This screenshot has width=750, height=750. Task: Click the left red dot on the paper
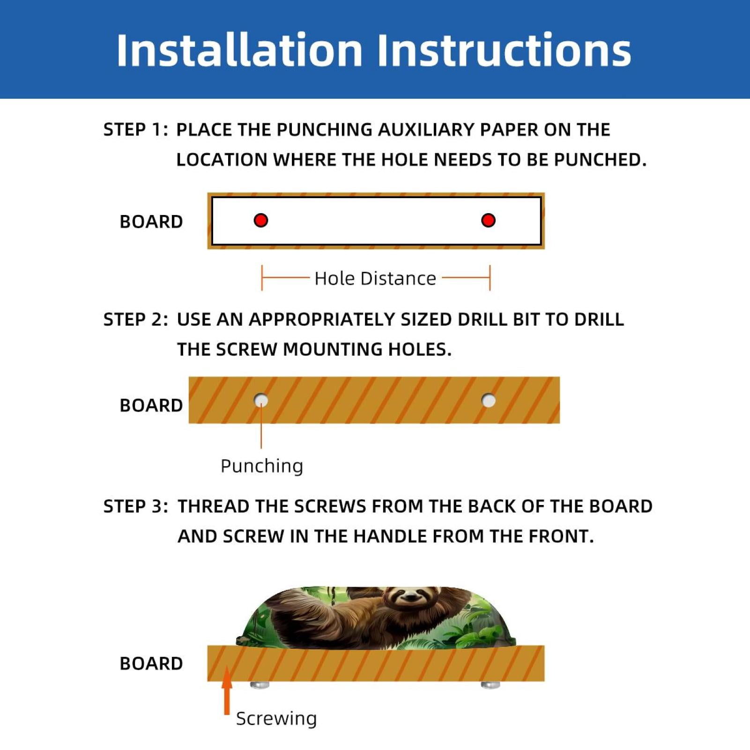pos(261,220)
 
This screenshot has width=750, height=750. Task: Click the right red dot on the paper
pos(488,220)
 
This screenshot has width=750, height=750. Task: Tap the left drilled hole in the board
pos(261,401)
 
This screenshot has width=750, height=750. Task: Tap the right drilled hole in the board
pos(489,401)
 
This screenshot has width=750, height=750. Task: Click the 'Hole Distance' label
pos(375,278)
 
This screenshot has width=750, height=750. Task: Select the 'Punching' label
pos(262,466)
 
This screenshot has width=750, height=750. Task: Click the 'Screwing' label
pos(276,718)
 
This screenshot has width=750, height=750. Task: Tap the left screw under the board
pos(260,685)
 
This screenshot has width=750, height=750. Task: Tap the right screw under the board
pos(490,685)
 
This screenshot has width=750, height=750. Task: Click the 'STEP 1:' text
pos(135,130)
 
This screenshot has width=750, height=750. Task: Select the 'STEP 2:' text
pos(135,319)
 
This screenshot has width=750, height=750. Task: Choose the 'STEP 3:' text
pos(135,506)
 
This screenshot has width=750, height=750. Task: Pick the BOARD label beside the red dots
pos(151,222)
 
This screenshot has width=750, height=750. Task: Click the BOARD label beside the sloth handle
pos(151,663)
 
